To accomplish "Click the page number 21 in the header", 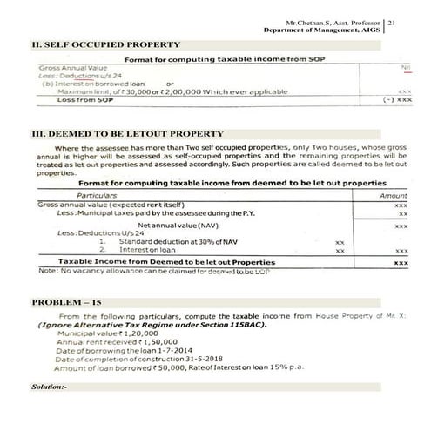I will tap(393, 18).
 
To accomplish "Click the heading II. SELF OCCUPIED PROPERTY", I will tap(105, 44).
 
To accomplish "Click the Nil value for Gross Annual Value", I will tap(405, 68).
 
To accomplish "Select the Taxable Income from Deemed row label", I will tap(165, 261).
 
